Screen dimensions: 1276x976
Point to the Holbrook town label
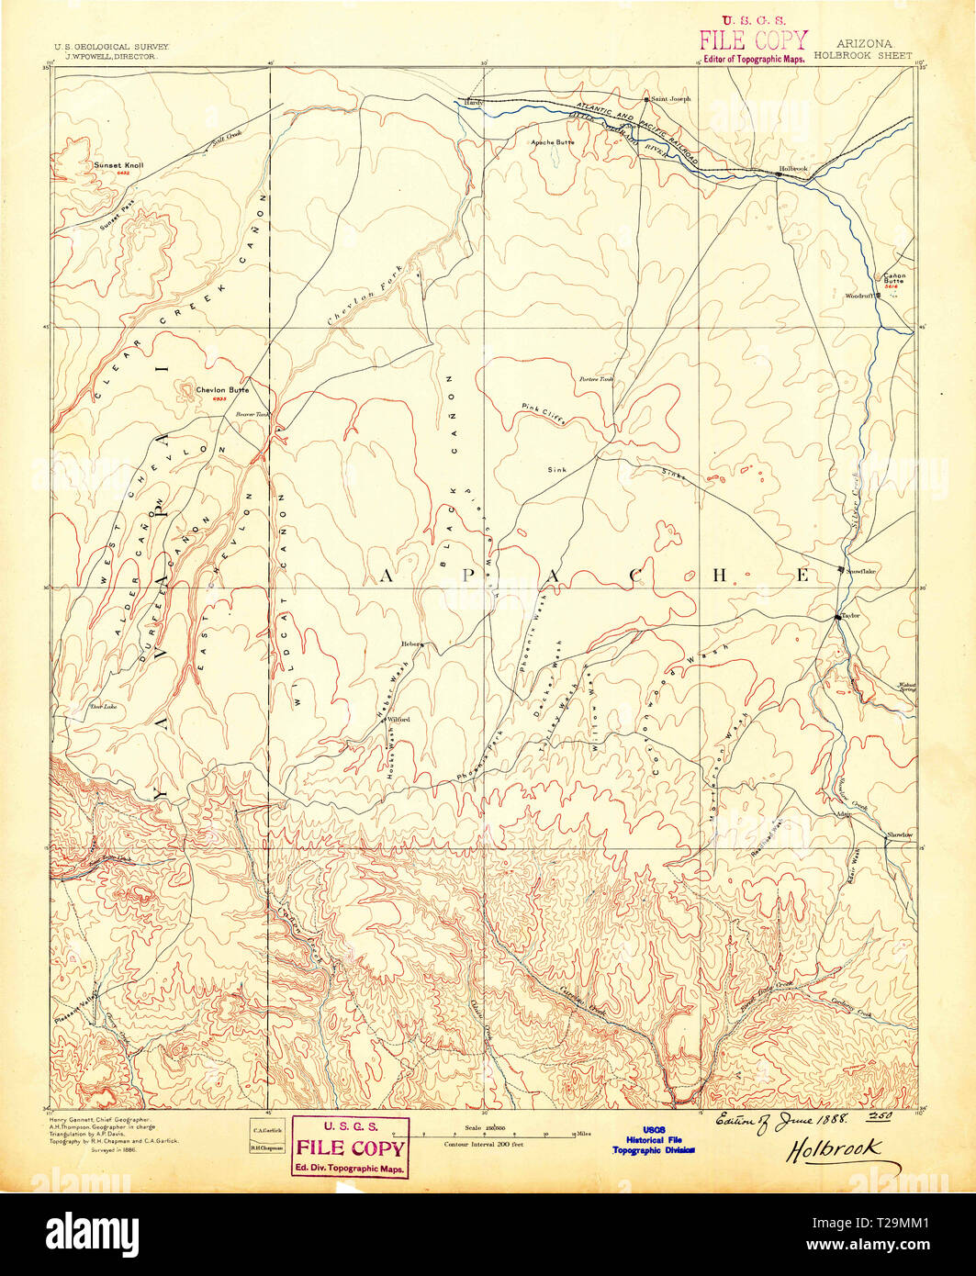coord(792,168)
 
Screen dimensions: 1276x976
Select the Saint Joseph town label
coord(670,98)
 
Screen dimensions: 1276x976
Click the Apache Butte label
coord(553,143)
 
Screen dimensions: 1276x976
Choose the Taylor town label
coord(849,616)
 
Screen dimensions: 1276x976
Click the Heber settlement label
coord(409,644)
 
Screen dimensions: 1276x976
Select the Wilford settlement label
coord(398,720)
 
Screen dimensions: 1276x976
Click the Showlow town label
coord(899,834)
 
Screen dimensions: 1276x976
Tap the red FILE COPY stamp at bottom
coord(350,1147)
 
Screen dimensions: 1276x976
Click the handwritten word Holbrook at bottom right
coord(833,1147)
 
